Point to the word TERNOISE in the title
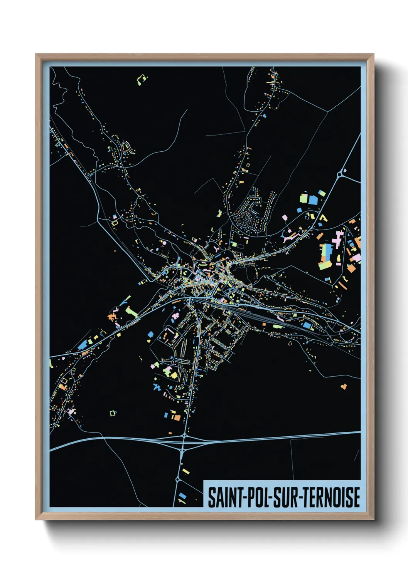coord(331,497)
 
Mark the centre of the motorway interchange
coord(184,441)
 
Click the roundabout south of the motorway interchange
coord(177,479)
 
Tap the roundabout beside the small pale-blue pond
coord(339,174)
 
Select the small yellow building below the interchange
coord(186,471)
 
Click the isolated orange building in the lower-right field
coord(344,386)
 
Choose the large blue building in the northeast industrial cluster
coord(313,200)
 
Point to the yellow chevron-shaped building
coord(323,218)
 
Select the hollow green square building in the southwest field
coord(113,413)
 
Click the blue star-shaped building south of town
coord(157,387)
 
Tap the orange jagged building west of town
coord(112,317)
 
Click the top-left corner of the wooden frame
coord(36,54)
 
